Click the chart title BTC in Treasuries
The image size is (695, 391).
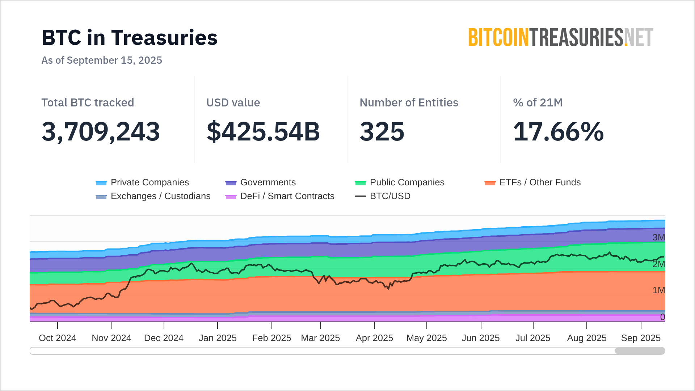point(130,38)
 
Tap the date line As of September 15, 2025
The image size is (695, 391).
point(102,60)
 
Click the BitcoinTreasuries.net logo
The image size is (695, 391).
point(560,38)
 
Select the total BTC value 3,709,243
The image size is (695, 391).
point(101,131)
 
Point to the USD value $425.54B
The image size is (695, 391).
point(263,131)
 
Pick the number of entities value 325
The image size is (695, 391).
point(382,131)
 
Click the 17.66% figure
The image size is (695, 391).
point(558,131)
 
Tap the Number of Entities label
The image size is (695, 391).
point(409,102)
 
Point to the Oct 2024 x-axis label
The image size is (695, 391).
point(58,338)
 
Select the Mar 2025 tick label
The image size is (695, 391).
point(320,338)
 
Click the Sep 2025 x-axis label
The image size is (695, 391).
point(641,338)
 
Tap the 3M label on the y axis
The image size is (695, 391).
point(658,237)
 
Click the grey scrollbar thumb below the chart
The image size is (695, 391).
point(640,351)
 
